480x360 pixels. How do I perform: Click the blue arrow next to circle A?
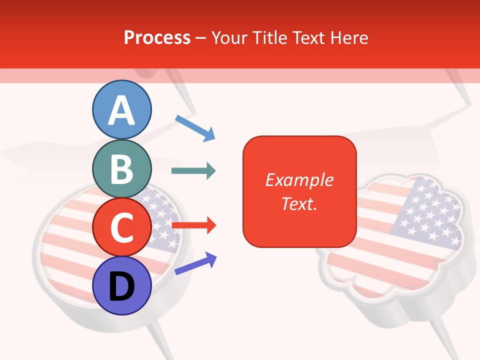tap(195, 127)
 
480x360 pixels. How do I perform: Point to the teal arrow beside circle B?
tap(193, 171)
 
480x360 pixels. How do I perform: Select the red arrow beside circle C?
tap(193, 225)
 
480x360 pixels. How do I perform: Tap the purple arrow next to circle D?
tap(195, 263)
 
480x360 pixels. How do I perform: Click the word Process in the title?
tap(157, 38)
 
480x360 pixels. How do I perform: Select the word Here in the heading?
tap(349, 38)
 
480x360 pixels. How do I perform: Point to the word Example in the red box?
tap(299, 180)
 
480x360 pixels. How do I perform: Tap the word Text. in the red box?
tap(299, 203)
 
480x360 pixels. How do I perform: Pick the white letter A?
tap(121, 110)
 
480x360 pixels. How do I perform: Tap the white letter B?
tap(121, 169)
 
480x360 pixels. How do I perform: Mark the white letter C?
tap(121, 227)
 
